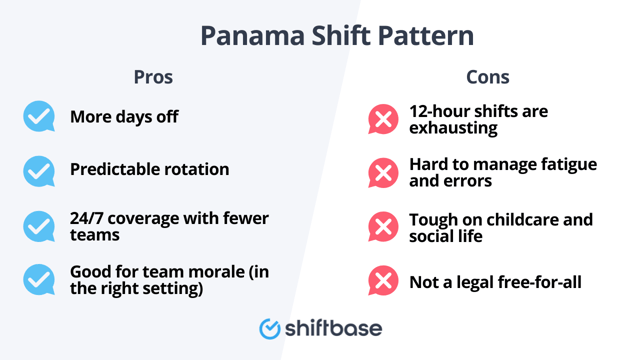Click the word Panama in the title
point(248,37)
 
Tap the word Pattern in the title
point(427,37)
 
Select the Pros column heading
point(153,77)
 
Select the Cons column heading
point(487,77)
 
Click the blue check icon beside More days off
point(39,117)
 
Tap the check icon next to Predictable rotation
point(39,170)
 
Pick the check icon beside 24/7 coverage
point(39,226)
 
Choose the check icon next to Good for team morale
point(39,279)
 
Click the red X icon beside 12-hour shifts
point(383,120)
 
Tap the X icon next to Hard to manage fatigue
point(383,173)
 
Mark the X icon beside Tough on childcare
point(383,227)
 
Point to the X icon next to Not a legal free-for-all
point(383,281)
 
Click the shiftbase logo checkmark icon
point(269,328)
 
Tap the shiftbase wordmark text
point(334,327)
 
